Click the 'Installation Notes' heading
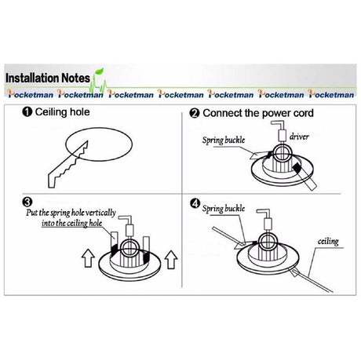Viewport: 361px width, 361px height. (x=48, y=78)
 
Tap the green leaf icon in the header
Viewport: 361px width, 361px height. (x=99, y=71)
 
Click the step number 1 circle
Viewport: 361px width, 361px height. (x=27, y=112)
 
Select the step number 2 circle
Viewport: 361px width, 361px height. (x=195, y=114)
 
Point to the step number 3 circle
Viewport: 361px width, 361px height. (x=27, y=202)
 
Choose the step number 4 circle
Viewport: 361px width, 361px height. (x=195, y=203)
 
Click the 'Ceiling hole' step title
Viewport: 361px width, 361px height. (x=62, y=112)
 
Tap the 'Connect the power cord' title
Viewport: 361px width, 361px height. (x=258, y=113)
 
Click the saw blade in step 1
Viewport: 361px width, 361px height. (x=67, y=165)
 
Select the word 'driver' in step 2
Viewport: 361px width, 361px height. (x=299, y=137)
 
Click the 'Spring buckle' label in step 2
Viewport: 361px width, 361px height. (x=224, y=140)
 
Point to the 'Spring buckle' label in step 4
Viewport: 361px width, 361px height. (x=224, y=209)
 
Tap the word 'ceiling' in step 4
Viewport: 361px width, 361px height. (x=328, y=241)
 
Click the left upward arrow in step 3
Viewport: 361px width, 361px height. (x=88, y=258)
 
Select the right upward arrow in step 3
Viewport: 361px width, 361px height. (x=171, y=259)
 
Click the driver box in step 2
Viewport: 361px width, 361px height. (x=282, y=136)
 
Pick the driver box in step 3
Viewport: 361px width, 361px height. (x=129, y=230)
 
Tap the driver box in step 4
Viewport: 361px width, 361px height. (x=268, y=224)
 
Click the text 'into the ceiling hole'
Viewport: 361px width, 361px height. (x=72, y=223)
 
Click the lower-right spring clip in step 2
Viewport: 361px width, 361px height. (x=304, y=176)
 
